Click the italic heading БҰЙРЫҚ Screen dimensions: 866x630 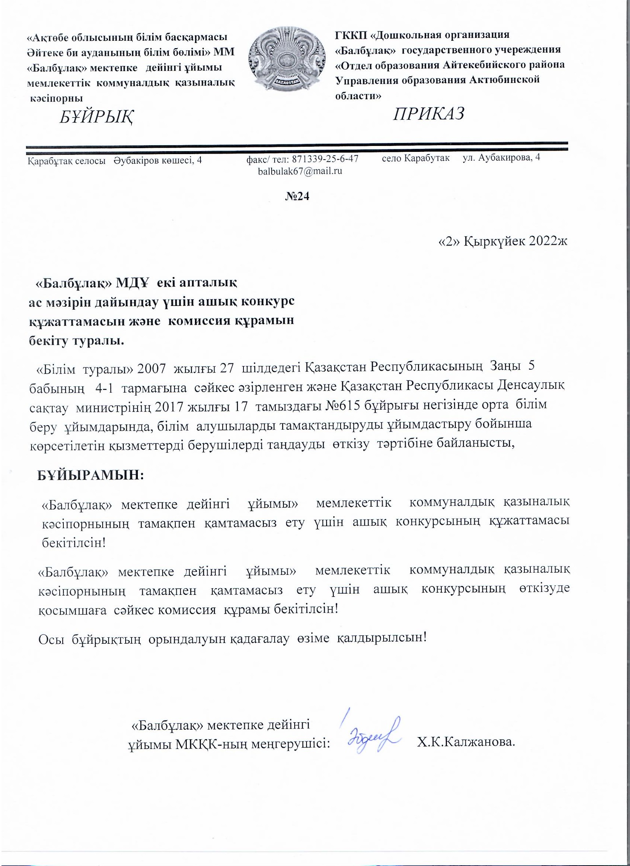click(x=96, y=117)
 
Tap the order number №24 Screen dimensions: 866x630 click(x=297, y=196)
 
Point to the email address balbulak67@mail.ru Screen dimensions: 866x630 click(x=300, y=171)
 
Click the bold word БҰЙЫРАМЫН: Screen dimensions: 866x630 click(x=90, y=475)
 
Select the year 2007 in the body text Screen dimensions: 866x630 click(x=151, y=367)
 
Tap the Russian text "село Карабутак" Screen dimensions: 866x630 click(x=416, y=158)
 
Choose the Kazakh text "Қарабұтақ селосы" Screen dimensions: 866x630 click(x=66, y=161)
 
